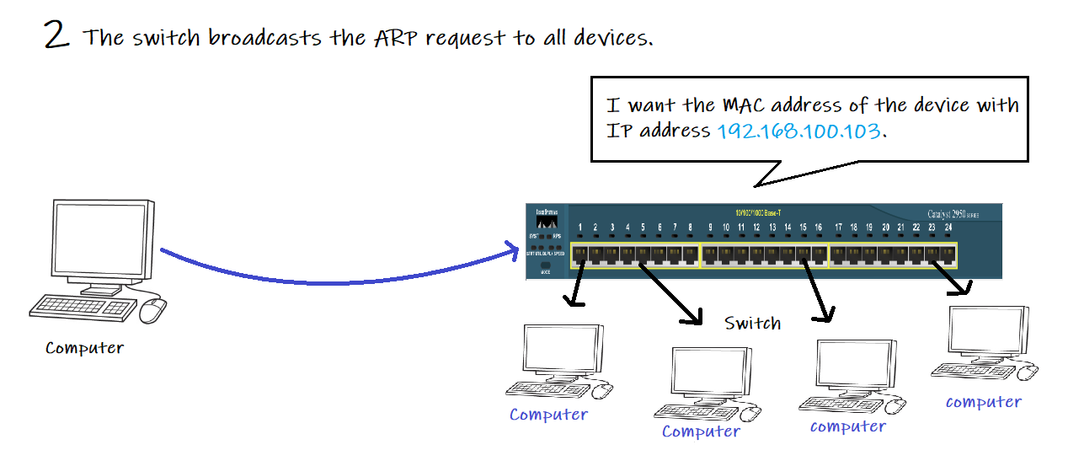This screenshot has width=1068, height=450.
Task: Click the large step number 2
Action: (56, 35)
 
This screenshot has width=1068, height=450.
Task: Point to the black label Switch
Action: (752, 324)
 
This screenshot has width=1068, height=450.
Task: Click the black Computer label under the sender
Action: (84, 348)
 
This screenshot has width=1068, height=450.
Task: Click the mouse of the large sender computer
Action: (152, 310)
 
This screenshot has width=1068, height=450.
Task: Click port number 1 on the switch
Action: (581, 228)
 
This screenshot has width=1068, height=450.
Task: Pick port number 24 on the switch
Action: (948, 228)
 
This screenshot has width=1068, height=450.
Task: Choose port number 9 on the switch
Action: (710, 228)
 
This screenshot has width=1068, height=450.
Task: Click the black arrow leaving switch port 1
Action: (578, 287)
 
